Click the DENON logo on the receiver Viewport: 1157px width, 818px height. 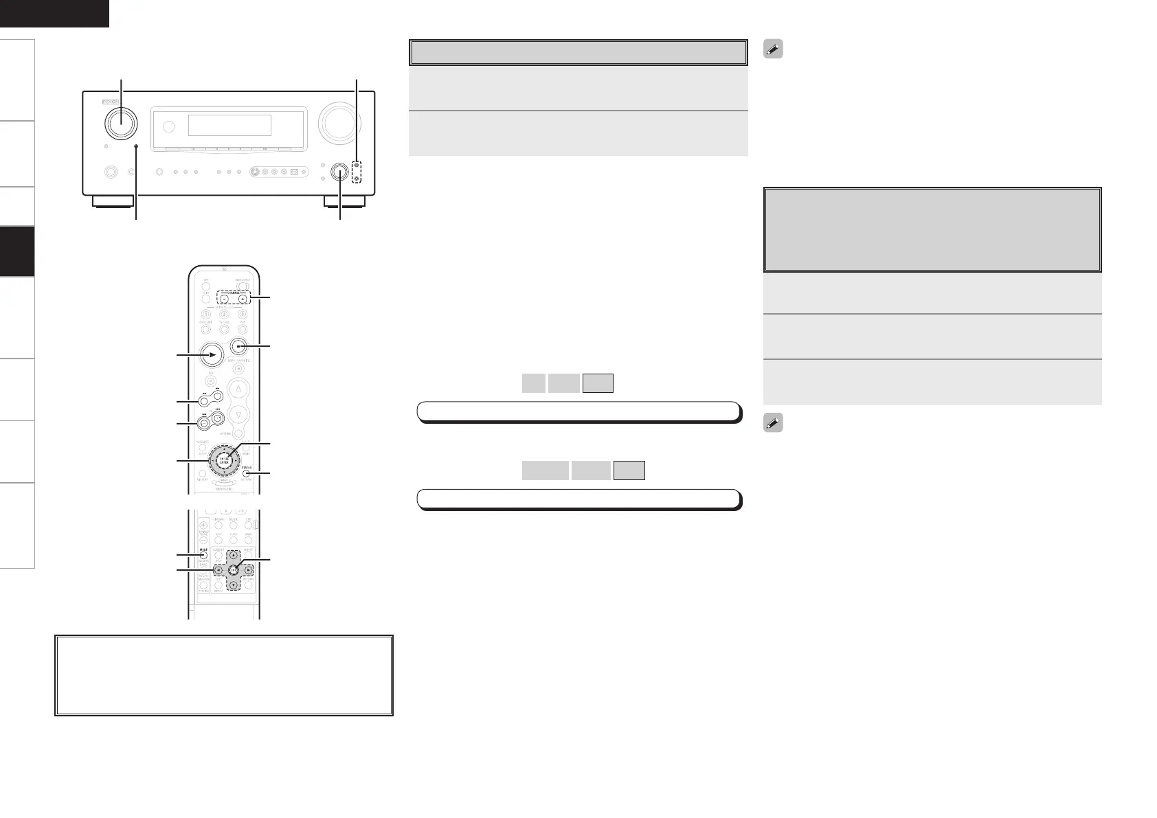tap(110, 101)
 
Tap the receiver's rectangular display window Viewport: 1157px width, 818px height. tap(229, 125)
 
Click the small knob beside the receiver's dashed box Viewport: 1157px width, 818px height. tap(340, 172)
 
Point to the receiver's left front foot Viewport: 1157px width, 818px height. tap(113, 202)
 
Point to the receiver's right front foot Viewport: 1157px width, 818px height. tap(344, 202)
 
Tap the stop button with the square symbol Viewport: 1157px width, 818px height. tap(238, 347)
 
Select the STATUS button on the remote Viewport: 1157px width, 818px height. tap(245, 473)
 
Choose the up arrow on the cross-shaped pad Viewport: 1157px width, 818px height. tap(233, 555)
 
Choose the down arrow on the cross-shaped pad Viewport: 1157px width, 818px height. tap(233, 585)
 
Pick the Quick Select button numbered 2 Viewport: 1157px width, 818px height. tap(224, 315)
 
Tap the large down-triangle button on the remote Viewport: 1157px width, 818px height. tap(238, 414)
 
